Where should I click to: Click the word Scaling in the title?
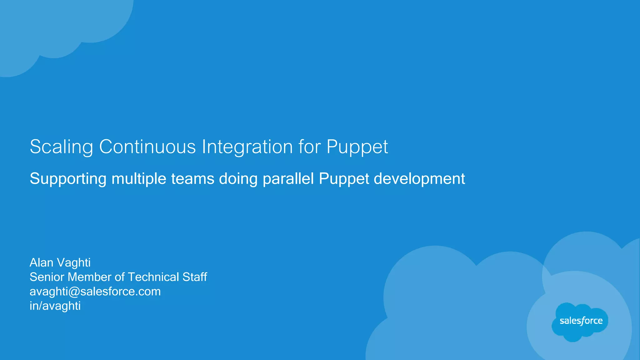[61, 147]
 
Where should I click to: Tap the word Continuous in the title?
[147, 146]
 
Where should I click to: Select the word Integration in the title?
[247, 147]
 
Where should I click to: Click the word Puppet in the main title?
[357, 147]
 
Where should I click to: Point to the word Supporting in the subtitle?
[68, 179]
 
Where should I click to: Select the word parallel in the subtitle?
[288, 179]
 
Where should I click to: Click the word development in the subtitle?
[419, 179]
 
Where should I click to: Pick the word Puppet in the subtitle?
[344, 179]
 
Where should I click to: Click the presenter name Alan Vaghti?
[60, 263]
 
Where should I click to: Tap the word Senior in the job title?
[47, 277]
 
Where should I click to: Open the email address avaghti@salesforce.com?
[95, 292]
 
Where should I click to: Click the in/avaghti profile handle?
[55, 306]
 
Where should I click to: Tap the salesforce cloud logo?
[581, 322]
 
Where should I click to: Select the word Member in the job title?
[90, 277]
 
